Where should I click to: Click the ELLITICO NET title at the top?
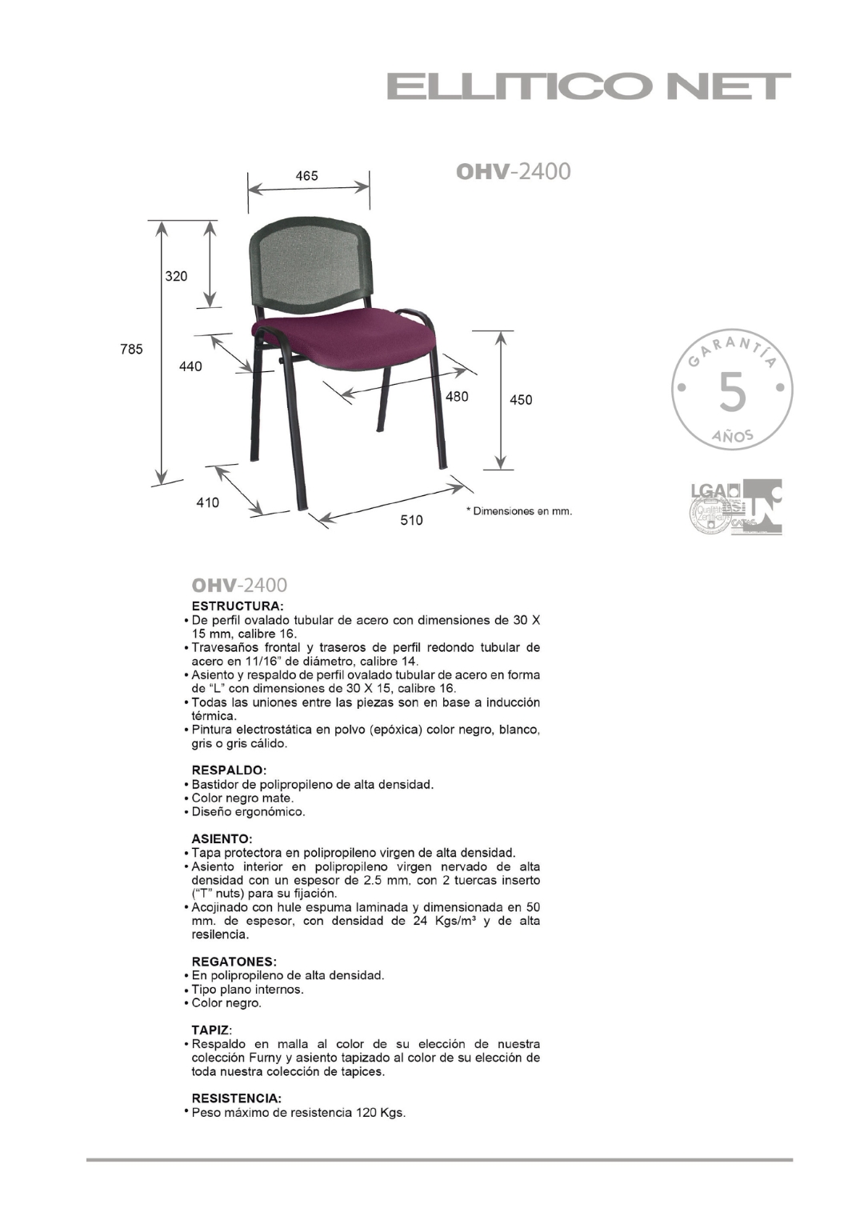tap(589, 86)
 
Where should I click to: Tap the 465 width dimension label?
tap(306, 176)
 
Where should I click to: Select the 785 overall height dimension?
tap(132, 349)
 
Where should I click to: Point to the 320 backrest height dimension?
tap(176, 276)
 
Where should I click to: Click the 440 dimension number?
tap(190, 366)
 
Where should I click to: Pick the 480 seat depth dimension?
tap(457, 396)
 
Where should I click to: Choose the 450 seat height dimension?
tap(521, 399)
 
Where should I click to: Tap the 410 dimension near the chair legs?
tap(208, 502)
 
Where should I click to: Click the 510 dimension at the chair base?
tap(411, 520)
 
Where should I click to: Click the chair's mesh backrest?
tap(310, 264)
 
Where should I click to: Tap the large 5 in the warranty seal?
tap(732, 392)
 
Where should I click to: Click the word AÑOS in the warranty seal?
tap(732, 436)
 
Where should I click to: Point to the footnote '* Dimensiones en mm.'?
tap(519, 511)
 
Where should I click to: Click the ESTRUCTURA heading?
tap(238, 606)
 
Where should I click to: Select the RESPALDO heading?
tap(229, 770)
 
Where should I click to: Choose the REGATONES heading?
tap(234, 961)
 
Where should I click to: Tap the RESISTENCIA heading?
tap(236, 1098)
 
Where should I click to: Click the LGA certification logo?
tap(706, 491)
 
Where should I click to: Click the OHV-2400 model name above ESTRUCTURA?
tap(239, 585)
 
